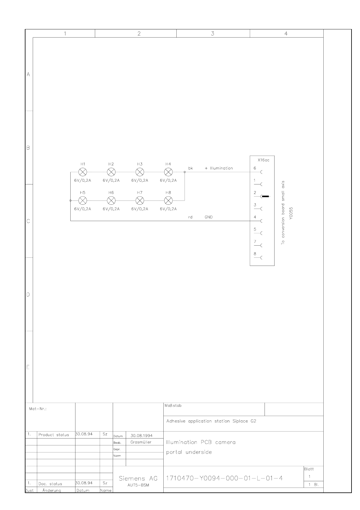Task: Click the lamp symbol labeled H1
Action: click(83, 172)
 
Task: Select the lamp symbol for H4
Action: click(168, 172)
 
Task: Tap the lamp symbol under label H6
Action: click(111, 200)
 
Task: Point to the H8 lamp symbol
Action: click(168, 200)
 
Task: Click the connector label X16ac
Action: click(263, 160)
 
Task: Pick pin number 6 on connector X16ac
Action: click(255, 168)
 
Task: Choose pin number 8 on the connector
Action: click(255, 254)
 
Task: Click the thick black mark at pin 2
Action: click(265, 197)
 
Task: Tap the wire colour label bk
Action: click(190, 168)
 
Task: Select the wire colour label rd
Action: click(190, 217)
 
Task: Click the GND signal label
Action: click(208, 217)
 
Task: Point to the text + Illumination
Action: click(219, 168)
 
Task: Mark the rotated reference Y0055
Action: click(291, 214)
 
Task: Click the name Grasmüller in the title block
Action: click(141, 442)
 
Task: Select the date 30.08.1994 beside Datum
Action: click(142, 435)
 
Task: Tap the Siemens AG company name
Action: click(138, 479)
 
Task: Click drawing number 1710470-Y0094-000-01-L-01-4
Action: click(224, 478)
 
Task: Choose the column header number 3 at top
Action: click(213, 34)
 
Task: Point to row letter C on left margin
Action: click(28, 221)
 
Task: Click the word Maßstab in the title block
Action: click(173, 406)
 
